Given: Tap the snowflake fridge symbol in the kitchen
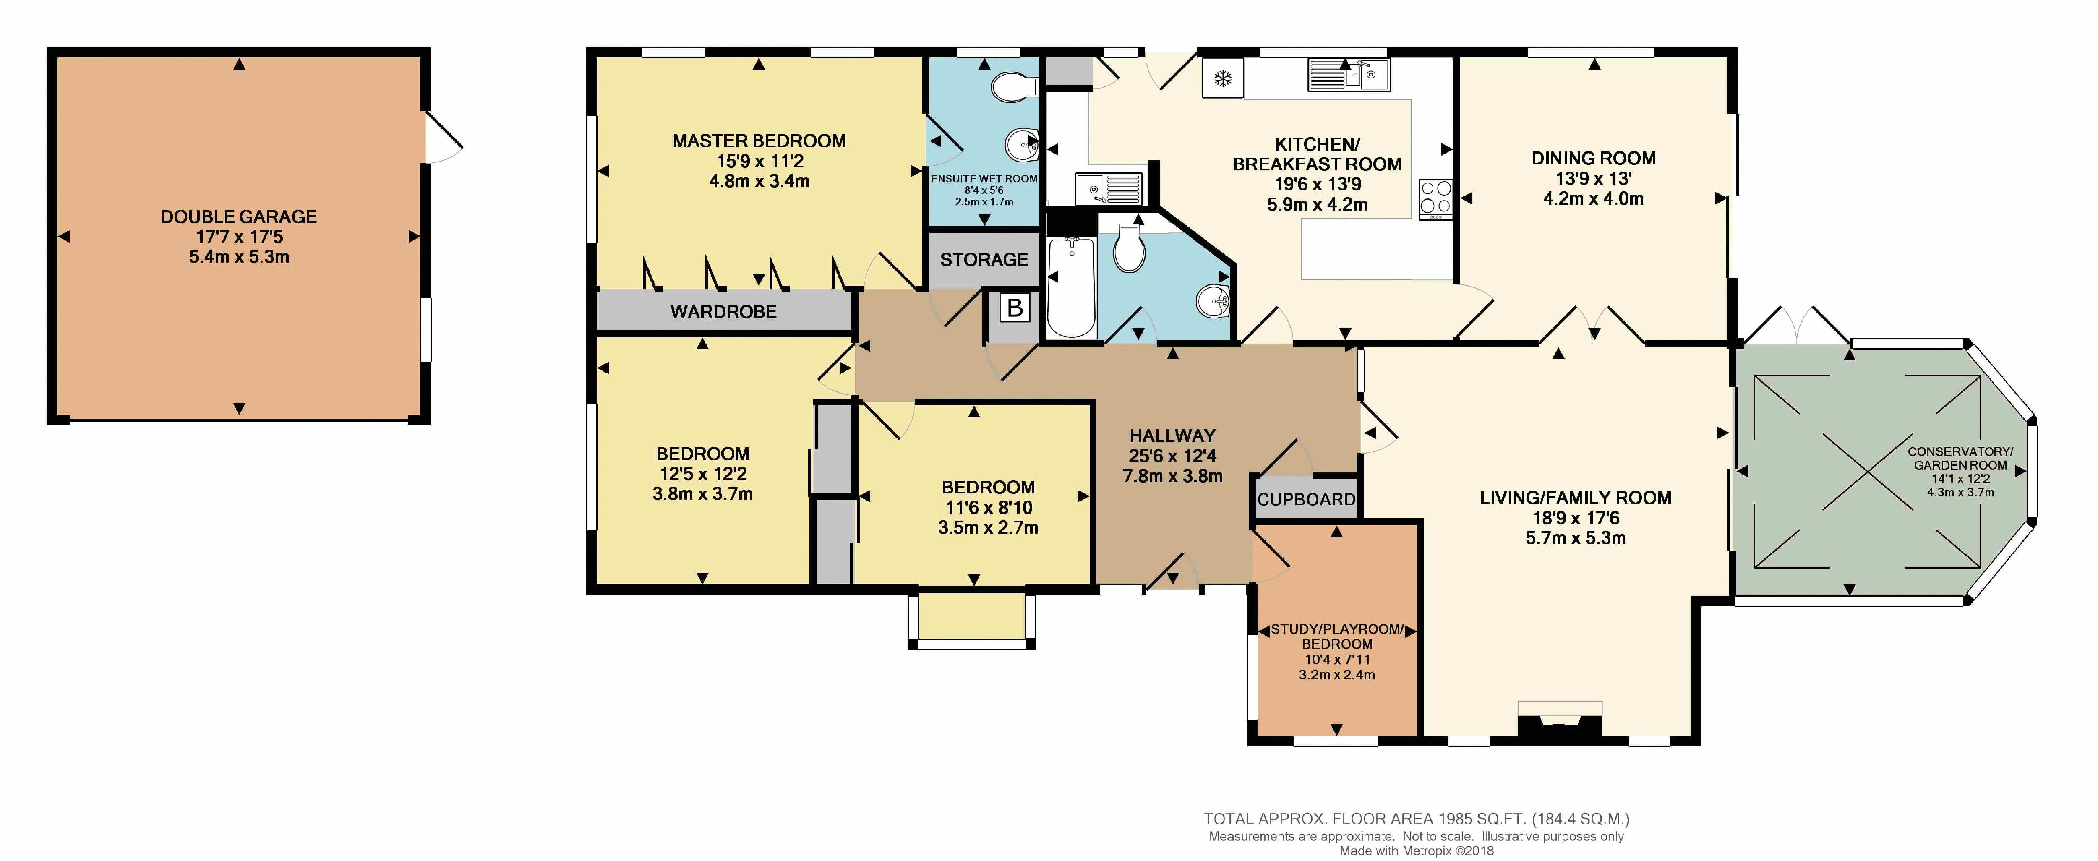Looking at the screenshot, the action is pos(1222,78).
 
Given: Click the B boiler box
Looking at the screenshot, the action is pos(1015,308).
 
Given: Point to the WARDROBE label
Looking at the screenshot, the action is pos(723,311).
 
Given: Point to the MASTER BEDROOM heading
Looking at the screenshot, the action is pos(759,141).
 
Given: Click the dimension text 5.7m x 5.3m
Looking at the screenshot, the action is pos(1575,537).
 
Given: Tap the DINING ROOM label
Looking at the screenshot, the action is pos(1593,158).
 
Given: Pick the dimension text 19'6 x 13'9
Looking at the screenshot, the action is pos(1317,184).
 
